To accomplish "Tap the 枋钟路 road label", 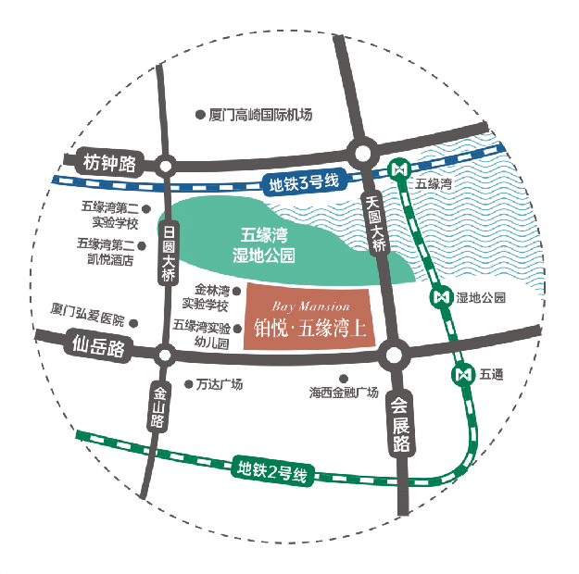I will (108, 163).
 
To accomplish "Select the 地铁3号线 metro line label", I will (302, 181).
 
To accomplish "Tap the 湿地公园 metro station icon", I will (442, 298).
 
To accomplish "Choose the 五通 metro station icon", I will (463, 374).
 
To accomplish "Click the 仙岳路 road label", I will (97, 347).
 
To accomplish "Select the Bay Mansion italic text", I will (311, 306).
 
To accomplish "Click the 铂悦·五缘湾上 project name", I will (310, 328).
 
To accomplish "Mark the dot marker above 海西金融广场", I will (345, 378).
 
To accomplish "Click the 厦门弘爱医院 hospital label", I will (88, 318).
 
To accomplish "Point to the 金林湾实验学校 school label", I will (206, 296).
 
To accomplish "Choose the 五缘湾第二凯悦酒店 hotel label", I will (106, 252).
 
